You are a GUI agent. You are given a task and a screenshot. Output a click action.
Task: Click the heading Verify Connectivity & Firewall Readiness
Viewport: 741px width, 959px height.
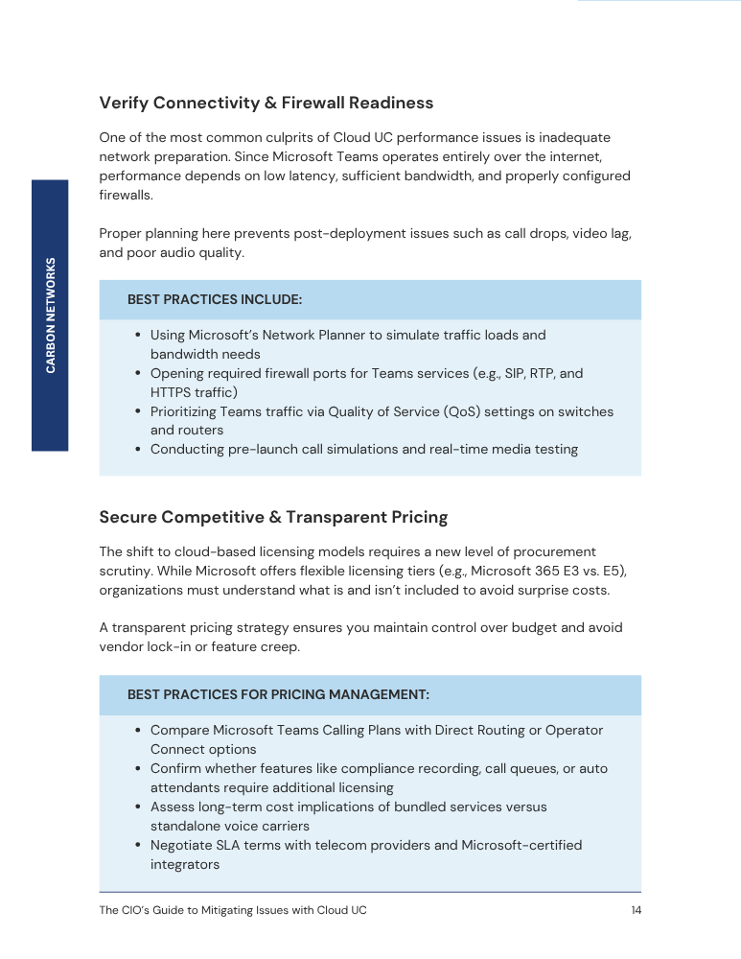[266, 103]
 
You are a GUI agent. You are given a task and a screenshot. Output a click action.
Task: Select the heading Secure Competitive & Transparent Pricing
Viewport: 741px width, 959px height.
[273, 517]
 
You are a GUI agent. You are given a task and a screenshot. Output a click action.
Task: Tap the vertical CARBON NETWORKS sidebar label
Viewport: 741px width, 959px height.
[51, 316]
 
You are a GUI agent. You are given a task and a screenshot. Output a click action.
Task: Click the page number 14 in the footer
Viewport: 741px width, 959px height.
[636, 910]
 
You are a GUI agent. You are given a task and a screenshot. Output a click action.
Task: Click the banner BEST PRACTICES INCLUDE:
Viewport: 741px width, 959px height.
[215, 300]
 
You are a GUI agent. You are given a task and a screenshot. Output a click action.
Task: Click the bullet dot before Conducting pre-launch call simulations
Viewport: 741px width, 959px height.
[139, 450]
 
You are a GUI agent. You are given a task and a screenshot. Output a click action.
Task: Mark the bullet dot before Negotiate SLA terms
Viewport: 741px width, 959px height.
[139, 846]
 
